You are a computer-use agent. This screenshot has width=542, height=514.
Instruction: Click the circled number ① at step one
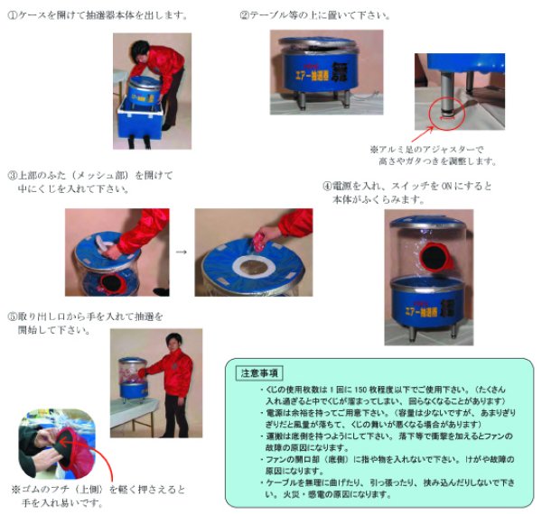pyautogui.click(x=13, y=16)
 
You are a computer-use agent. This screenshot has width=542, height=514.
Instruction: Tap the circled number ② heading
pyautogui.click(x=245, y=16)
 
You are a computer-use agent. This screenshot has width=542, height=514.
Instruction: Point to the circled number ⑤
pyautogui.click(x=13, y=317)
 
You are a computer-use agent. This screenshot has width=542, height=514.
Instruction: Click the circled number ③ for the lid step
pyautogui.click(x=13, y=175)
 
